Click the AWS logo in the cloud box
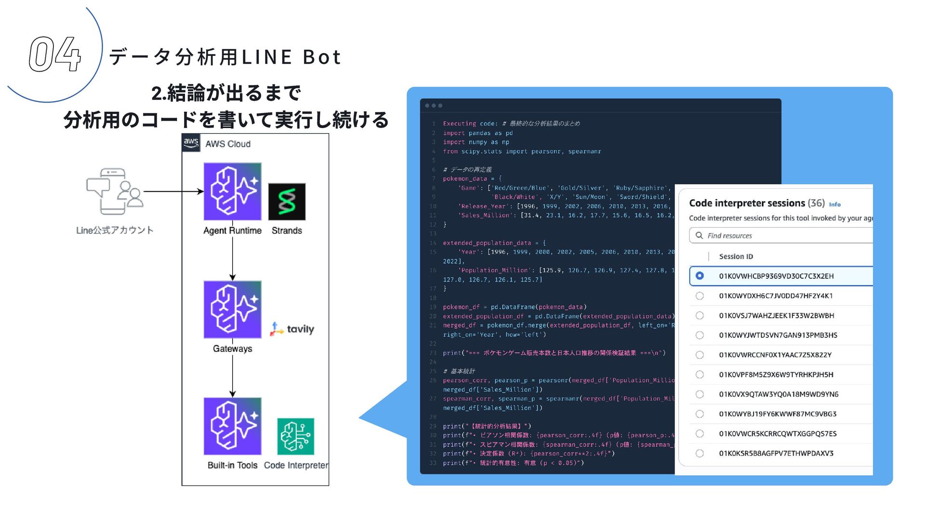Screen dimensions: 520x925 [191, 143]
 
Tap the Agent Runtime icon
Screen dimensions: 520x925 [232, 191]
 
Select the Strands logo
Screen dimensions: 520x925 [287, 201]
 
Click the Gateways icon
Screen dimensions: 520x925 [232, 309]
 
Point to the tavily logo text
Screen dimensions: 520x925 [300, 329]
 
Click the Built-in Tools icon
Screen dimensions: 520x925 [232, 426]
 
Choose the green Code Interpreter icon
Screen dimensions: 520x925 [295, 436]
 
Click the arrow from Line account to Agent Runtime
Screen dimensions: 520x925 [173, 191]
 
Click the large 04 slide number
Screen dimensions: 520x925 [54, 54]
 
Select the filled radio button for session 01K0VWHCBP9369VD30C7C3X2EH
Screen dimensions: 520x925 [700, 276]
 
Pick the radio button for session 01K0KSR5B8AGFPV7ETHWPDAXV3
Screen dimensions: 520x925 [700, 453]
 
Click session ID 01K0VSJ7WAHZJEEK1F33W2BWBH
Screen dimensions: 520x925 [777, 315]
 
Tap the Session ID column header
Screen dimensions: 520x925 [736, 257]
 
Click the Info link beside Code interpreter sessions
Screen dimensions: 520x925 [834, 204]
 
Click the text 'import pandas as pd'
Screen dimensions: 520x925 [477, 133]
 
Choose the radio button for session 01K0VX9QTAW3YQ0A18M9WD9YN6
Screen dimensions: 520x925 [700, 394]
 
